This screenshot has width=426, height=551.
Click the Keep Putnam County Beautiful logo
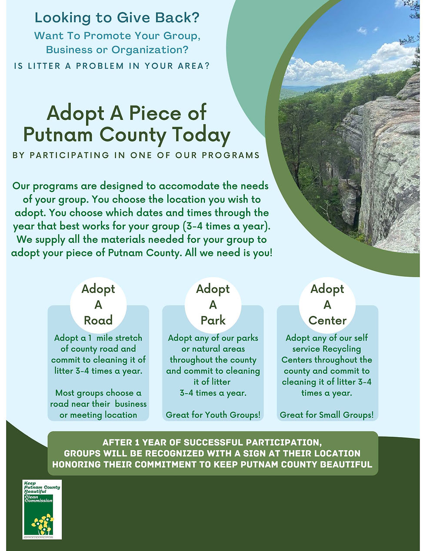point(42,509)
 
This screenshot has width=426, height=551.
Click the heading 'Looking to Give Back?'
point(117,18)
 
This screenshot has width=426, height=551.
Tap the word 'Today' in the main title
point(201,135)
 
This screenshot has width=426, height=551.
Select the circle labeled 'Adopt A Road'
point(98,305)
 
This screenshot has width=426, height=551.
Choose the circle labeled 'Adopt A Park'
point(213,305)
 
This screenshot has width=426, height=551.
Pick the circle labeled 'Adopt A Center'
point(327,305)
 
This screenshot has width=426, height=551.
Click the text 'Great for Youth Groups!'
point(213,415)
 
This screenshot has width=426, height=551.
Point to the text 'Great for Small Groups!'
point(327,415)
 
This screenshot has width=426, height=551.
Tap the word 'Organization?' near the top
point(150,50)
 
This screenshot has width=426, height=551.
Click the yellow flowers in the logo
point(43,522)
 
